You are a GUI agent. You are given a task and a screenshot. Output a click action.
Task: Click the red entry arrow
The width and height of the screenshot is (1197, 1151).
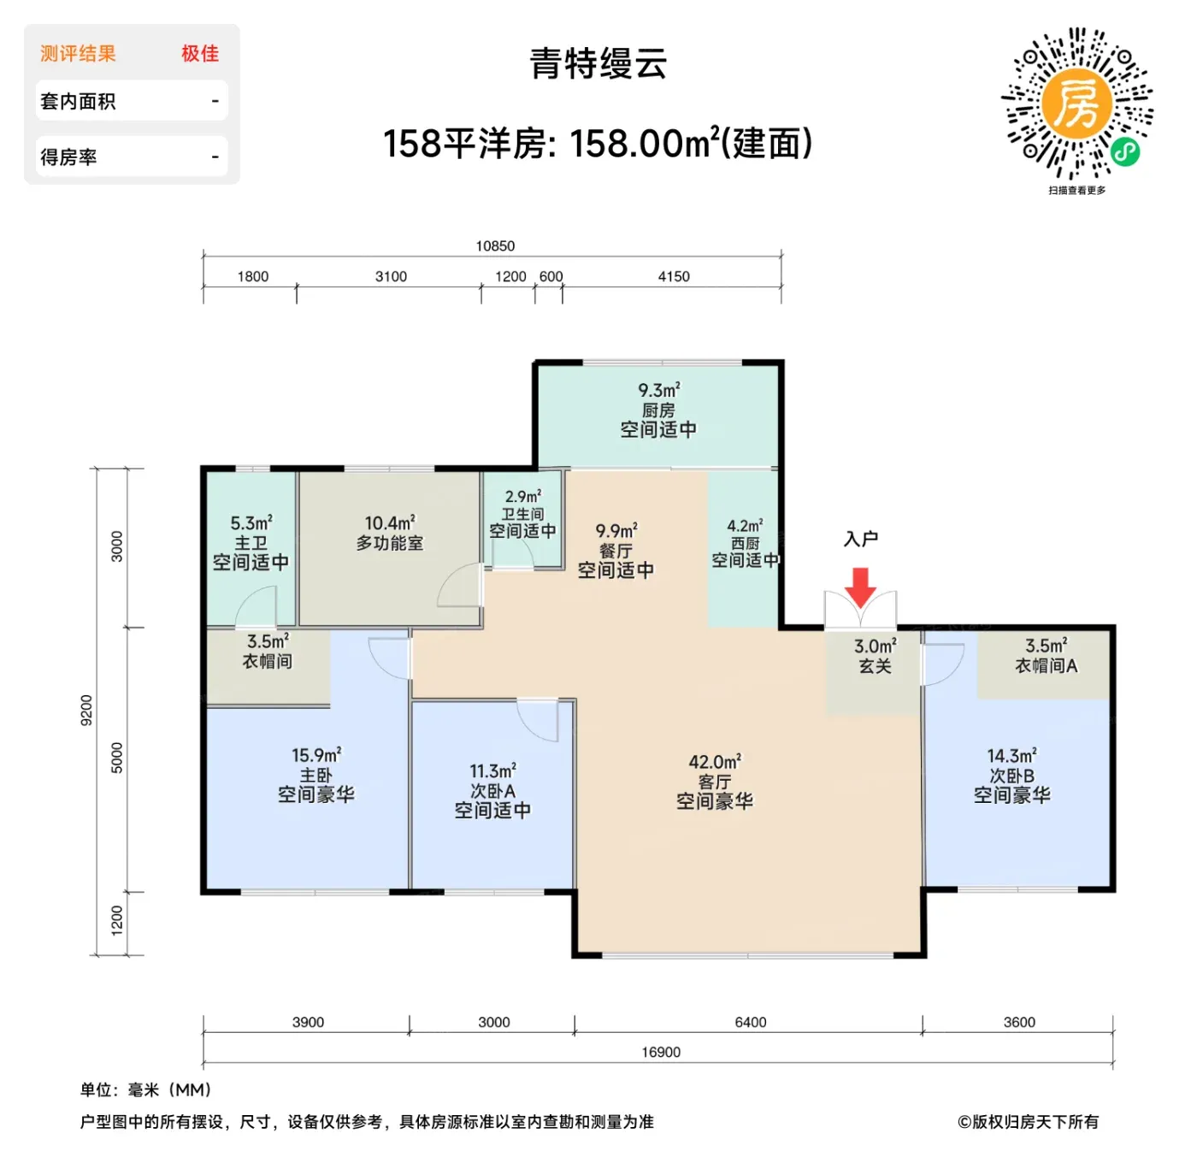(859, 587)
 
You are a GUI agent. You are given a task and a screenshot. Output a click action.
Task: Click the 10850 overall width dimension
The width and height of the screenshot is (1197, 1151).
(494, 246)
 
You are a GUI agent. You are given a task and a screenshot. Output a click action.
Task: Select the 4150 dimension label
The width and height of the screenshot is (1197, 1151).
(674, 277)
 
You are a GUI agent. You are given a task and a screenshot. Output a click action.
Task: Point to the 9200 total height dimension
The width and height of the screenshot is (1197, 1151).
(86, 710)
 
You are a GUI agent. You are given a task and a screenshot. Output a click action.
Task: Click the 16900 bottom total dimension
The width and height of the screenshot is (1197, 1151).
(661, 1052)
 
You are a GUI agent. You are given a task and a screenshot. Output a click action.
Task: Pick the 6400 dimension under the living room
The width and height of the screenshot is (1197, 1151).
(751, 1022)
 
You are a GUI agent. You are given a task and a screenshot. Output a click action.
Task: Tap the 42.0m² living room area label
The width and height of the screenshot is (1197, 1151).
(715, 762)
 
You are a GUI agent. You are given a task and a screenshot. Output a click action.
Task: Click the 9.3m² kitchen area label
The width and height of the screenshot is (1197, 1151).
(659, 390)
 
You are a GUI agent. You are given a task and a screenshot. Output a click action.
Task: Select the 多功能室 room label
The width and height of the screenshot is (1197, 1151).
(390, 543)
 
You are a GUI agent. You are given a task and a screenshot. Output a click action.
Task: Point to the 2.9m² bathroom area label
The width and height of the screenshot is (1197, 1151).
(523, 496)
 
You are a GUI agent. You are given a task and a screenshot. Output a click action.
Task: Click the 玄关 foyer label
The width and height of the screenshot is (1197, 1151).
(875, 665)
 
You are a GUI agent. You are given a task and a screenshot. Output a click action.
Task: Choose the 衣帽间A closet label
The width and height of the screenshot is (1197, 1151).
(1046, 665)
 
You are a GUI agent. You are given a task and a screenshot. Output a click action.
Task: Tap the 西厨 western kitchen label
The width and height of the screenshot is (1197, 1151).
(745, 543)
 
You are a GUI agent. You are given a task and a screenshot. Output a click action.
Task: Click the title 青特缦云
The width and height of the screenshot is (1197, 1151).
(598, 64)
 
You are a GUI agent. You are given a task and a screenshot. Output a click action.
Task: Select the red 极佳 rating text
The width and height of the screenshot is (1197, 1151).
(200, 54)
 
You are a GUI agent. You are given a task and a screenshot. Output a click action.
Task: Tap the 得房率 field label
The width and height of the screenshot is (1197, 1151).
(68, 156)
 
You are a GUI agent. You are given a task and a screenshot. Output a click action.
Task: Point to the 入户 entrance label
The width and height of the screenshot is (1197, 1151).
(860, 540)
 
